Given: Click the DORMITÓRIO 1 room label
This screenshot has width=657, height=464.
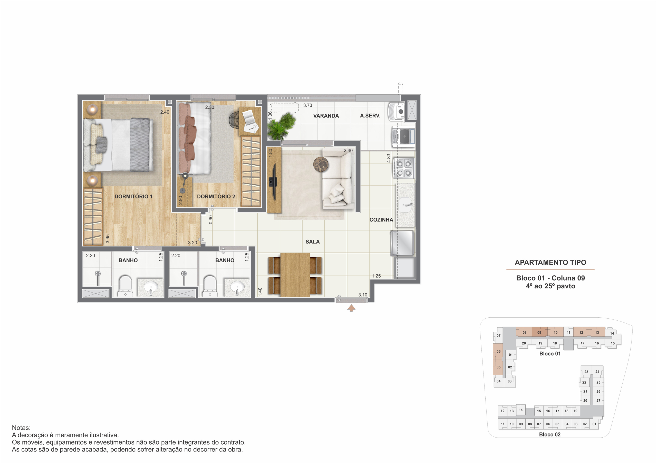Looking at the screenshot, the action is click(x=133, y=196).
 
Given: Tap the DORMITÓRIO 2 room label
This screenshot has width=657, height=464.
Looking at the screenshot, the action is click(x=216, y=196).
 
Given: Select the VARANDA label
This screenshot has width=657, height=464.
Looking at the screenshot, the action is click(x=326, y=116).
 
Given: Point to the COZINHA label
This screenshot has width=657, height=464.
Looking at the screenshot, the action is click(x=381, y=219).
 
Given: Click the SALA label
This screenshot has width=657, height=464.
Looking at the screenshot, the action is click(x=313, y=241).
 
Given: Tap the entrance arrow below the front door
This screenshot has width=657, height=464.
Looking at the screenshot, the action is click(x=351, y=308).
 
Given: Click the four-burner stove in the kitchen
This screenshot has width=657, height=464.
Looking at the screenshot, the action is click(x=404, y=168).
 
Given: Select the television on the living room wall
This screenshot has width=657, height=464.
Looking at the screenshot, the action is click(x=273, y=182).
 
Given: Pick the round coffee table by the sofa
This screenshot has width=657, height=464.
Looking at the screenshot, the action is click(x=321, y=164).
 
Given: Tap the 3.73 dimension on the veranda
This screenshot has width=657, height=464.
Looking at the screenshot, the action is click(x=308, y=105).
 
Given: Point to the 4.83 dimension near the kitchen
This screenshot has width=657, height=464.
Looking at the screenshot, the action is click(x=388, y=158).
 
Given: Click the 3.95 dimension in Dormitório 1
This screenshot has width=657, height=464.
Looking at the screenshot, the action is click(x=108, y=239).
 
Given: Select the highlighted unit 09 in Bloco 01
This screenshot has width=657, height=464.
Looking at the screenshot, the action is click(x=539, y=332).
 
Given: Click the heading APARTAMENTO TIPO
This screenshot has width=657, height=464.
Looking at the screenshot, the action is click(x=550, y=262).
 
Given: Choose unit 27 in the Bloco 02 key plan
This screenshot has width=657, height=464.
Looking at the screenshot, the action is click(x=598, y=400).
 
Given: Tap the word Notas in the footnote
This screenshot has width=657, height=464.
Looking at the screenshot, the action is click(x=21, y=428).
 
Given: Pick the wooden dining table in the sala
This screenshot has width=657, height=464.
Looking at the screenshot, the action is click(x=295, y=275).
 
